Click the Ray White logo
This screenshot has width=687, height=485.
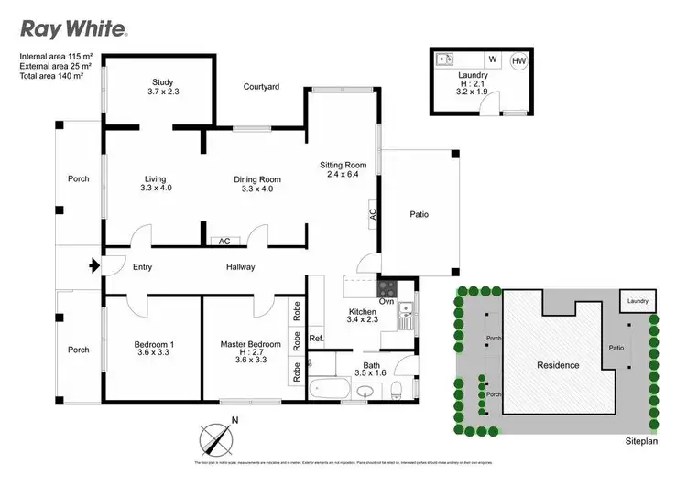pos(74,28)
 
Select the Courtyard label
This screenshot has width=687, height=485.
pos(261,87)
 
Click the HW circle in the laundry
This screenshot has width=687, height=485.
pos(518,60)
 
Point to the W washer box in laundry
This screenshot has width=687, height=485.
pos(493,59)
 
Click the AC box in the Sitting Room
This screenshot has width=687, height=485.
pos(373,213)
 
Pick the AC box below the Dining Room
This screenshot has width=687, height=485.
pos(224,242)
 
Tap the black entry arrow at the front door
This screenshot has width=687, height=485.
pos(93,267)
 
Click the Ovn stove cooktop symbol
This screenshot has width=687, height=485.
pos(387,287)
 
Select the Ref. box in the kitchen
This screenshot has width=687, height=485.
pos(316,338)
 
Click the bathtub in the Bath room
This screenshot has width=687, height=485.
pos(328,391)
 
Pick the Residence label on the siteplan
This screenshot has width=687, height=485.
pos(558,365)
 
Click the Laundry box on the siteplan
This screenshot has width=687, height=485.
pos(638,301)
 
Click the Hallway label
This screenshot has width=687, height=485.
pos(240,267)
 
